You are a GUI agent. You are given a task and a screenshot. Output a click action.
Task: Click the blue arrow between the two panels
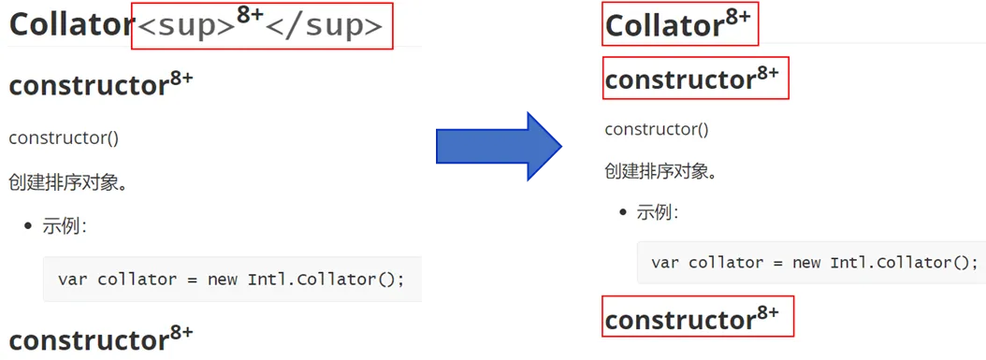click(x=499, y=147)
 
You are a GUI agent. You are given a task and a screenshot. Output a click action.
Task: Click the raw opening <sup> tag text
click(x=186, y=27)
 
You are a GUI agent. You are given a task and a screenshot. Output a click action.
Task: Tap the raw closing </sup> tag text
click(x=324, y=27)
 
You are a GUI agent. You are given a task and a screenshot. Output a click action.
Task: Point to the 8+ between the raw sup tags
click(x=251, y=15)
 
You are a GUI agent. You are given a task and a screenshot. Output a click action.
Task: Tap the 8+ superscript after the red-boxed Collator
click(x=738, y=17)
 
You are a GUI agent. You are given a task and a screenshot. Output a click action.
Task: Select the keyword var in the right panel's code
click(x=665, y=262)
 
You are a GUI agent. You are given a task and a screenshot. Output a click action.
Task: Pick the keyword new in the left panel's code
click(x=224, y=279)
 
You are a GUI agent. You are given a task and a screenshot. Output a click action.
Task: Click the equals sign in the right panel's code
click(x=775, y=263)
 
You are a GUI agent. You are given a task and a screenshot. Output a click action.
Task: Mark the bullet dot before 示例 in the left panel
click(x=28, y=226)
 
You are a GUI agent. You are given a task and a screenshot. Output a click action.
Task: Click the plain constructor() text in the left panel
click(x=64, y=138)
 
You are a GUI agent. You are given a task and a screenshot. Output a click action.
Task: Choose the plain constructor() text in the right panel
click(x=657, y=130)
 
